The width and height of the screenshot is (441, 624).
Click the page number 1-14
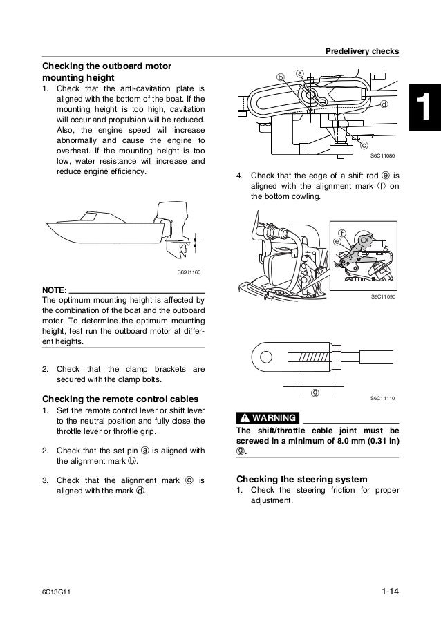click(x=392, y=592)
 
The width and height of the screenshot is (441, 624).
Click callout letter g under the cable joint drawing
click(x=315, y=393)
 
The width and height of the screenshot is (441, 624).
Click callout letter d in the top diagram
click(x=384, y=105)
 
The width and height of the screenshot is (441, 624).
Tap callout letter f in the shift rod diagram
click(x=341, y=231)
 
